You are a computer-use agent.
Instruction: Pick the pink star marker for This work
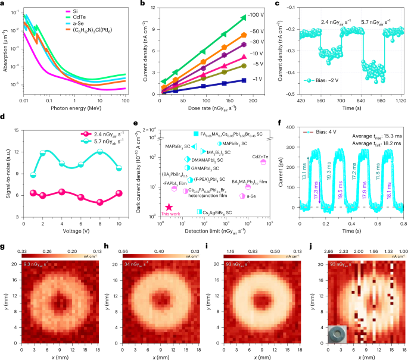[x=170, y=223]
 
